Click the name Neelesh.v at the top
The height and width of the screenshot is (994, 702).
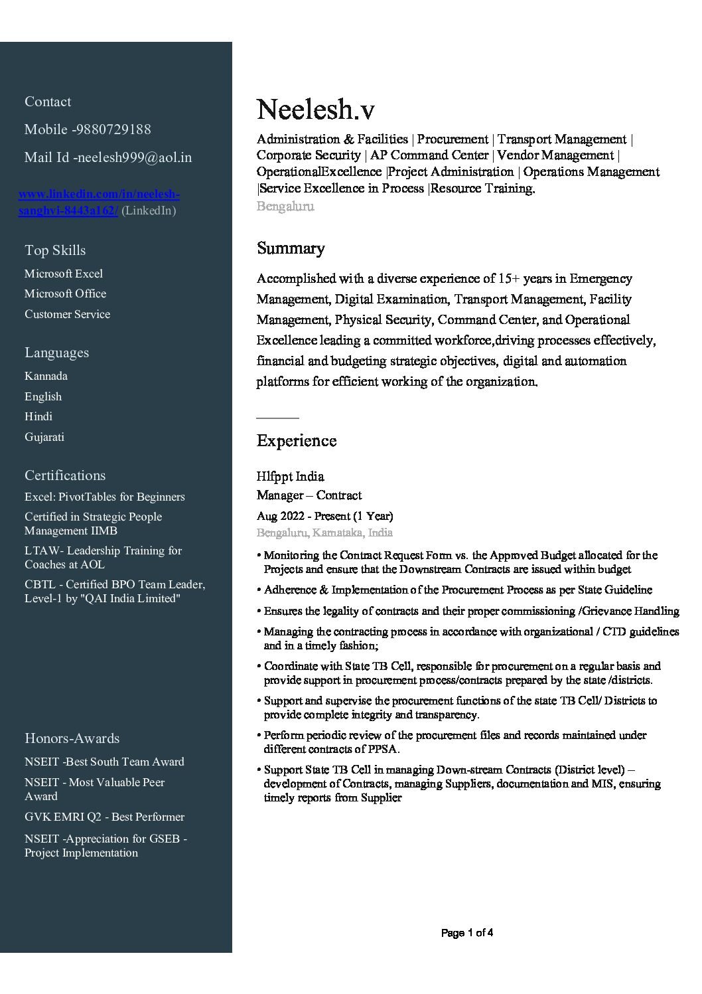[315, 110]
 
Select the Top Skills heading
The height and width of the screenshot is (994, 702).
[55, 250]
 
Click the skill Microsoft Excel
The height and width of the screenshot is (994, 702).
[64, 274]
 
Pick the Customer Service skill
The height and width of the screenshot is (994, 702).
[67, 314]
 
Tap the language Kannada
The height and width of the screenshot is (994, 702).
[46, 376]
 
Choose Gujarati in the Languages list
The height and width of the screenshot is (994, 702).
[44, 437]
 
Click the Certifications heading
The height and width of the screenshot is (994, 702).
[65, 475]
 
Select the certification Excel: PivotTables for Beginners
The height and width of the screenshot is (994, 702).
[105, 497]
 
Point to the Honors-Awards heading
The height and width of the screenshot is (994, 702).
[72, 738]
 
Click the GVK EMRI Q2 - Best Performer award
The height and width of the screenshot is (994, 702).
[104, 817]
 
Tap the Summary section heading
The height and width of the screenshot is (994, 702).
[291, 248]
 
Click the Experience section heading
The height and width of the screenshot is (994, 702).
[296, 441]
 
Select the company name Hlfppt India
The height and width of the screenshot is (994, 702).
[290, 477]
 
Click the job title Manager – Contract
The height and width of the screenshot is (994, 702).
[309, 495]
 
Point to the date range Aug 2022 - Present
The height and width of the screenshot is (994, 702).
[324, 516]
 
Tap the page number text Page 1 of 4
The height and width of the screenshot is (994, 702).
[466, 933]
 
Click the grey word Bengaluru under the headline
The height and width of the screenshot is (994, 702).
[285, 206]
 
